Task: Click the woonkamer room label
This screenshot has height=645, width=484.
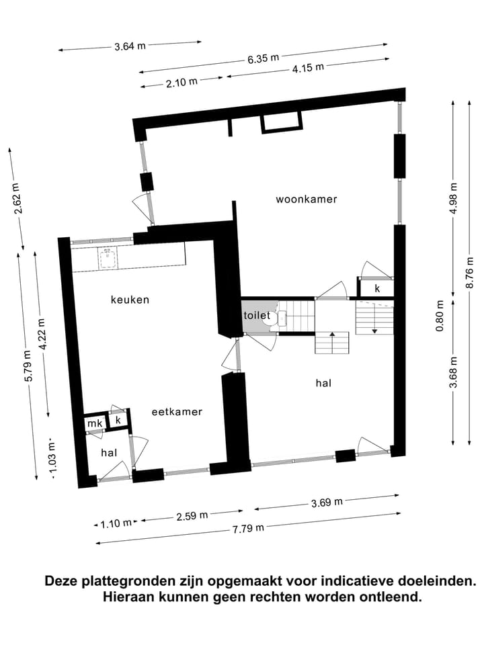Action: pos(306,200)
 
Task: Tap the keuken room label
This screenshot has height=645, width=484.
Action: pos(130,300)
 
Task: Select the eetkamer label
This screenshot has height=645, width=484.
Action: pos(177,412)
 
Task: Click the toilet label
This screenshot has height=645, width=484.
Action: pos(257,315)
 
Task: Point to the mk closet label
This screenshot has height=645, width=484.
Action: pos(94,423)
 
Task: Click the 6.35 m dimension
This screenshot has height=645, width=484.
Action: pos(263,58)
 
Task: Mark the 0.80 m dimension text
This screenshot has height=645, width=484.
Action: pos(440,316)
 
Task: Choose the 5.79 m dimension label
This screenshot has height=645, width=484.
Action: pos(27,367)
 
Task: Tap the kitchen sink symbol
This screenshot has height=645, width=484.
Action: pos(106,257)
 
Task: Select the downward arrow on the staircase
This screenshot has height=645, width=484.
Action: pos(374,329)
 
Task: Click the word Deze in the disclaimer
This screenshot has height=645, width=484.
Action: pos(61,580)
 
